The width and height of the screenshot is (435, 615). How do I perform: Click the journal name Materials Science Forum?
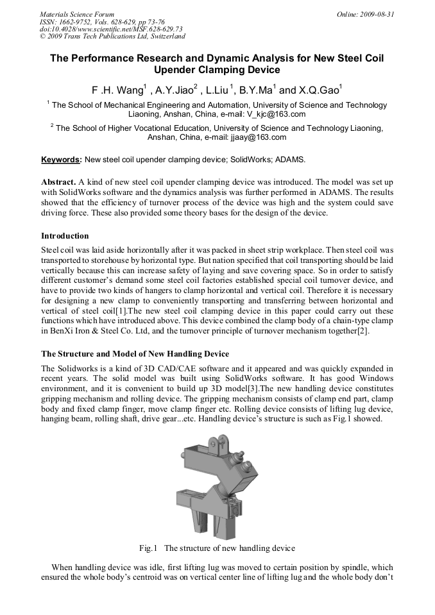point(77,13)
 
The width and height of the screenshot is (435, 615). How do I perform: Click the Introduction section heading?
point(65,236)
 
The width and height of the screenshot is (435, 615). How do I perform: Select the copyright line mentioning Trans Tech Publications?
point(112,37)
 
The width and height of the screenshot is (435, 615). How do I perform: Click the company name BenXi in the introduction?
point(53,331)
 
